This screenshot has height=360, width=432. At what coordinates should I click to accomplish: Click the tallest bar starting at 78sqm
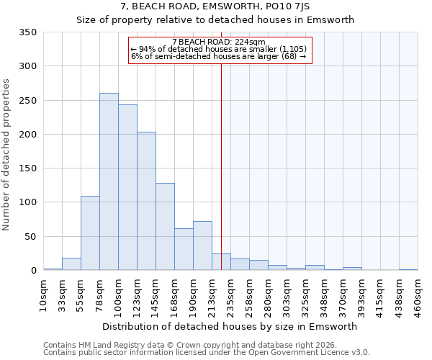109,181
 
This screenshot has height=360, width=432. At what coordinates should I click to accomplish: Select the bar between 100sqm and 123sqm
127,187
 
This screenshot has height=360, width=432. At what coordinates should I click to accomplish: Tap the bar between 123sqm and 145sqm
146,201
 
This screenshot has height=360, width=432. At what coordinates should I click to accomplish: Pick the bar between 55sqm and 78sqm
90,233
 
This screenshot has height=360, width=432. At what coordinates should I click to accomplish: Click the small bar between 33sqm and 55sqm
71,264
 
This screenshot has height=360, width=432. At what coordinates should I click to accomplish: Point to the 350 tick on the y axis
27,32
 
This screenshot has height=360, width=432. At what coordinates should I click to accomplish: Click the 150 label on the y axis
27,168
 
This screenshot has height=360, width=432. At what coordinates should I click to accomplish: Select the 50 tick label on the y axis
30,236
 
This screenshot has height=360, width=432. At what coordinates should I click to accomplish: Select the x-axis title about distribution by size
230,326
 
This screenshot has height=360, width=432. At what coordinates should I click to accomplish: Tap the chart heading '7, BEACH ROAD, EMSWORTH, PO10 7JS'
216,6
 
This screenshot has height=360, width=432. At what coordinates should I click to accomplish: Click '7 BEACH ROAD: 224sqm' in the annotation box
219,42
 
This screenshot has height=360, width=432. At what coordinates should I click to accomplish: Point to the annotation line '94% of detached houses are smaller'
219,49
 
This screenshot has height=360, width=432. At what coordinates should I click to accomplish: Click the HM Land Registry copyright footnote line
206,345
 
